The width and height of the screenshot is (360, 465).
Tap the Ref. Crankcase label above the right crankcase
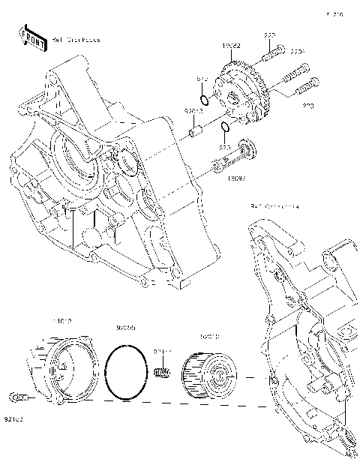274,205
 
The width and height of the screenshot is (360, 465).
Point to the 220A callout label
298,52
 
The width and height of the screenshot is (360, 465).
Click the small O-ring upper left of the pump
204,99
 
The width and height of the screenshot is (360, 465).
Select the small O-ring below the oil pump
224,126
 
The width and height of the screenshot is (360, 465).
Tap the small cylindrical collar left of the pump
196,133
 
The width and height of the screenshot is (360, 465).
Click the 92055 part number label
125,328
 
